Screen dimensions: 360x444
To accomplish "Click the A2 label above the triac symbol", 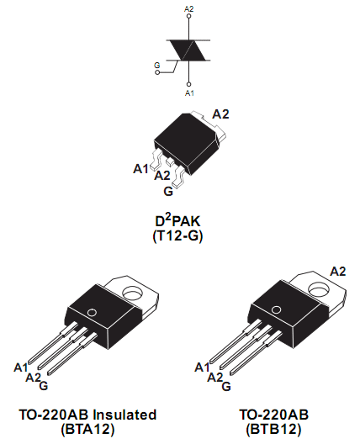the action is pos(189,9).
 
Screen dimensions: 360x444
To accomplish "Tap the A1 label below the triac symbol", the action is pos(189,92).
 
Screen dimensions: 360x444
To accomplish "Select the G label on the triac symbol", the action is pos(157,66).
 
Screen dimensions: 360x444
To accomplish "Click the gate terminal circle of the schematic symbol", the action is pos(157,72).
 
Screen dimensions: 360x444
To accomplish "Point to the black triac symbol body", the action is pos(188,50).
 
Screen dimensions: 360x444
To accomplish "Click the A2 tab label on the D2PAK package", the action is pos(220,114).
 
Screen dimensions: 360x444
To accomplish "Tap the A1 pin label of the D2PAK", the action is pos(140,169).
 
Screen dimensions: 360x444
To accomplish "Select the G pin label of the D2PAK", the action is pos(168,192).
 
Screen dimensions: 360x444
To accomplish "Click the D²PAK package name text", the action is pos(177,221).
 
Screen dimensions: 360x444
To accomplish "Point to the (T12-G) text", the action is pos(177,235).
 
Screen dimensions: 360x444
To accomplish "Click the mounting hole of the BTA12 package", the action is pos(133,293).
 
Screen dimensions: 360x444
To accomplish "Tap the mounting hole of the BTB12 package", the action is pos(317,288).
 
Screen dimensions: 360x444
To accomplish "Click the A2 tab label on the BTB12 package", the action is pos(338,272).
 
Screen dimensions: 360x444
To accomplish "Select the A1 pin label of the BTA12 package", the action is pos(21,367).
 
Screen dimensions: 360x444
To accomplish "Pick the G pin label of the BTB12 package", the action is pos(226,386).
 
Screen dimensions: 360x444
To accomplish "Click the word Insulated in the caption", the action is pos(124,415).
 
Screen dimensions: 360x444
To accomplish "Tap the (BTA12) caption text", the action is pos(87,429).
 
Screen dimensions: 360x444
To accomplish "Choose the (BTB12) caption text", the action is pos(273,429).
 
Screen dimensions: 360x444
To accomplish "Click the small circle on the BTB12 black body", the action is pos(276,309).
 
